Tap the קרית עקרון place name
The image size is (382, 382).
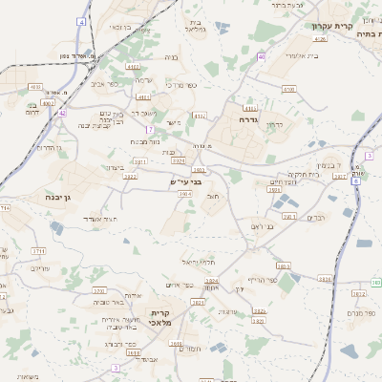332,26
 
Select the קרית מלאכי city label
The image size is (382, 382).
160,317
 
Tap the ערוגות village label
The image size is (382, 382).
227,312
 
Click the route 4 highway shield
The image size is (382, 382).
82,21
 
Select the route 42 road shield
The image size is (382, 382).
62,113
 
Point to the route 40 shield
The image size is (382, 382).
261,57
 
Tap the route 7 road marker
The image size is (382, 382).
150,128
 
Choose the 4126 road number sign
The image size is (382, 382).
319,39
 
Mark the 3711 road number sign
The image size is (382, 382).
38,250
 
